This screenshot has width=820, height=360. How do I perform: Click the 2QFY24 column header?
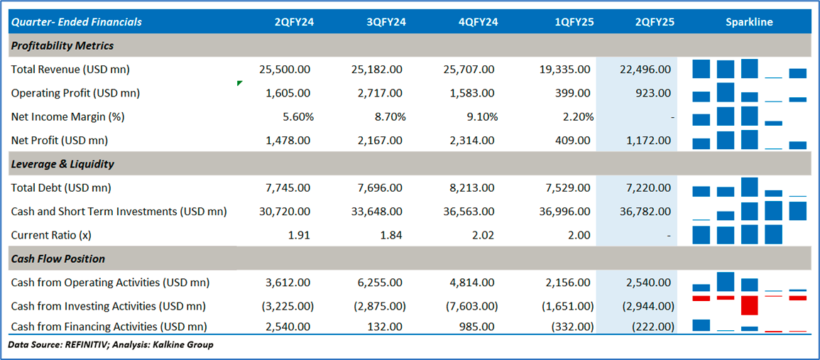tap(294, 22)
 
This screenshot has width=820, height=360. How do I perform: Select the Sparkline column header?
tap(749, 22)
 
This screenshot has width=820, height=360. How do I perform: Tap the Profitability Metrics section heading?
tap(62, 45)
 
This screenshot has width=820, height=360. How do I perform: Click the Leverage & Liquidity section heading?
tap(62, 164)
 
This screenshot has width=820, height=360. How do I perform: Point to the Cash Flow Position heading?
tap(58, 258)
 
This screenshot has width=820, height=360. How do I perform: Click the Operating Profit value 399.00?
tap(575, 93)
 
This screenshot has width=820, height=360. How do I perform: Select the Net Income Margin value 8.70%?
tap(389, 116)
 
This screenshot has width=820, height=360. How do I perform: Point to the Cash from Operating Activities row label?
tap(110, 283)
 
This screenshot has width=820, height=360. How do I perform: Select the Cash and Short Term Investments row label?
tap(119, 212)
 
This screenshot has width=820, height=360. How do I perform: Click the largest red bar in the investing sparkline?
tap(749, 305)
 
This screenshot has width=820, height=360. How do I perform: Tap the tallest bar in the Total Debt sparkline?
tap(749, 187)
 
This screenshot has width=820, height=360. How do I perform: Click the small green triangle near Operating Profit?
tap(239, 84)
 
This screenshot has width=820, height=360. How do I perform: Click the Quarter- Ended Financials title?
tap(77, 22)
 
